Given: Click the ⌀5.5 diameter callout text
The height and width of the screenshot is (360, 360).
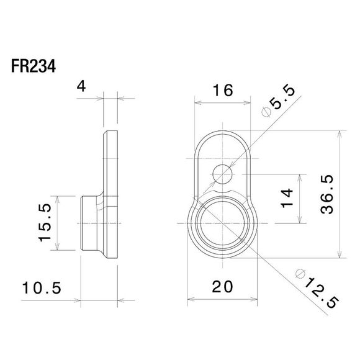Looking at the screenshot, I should [276, 99].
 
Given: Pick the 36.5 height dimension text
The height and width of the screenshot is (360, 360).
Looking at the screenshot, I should [329, 194].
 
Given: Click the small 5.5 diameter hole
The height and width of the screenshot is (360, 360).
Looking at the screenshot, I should [221, 175].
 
